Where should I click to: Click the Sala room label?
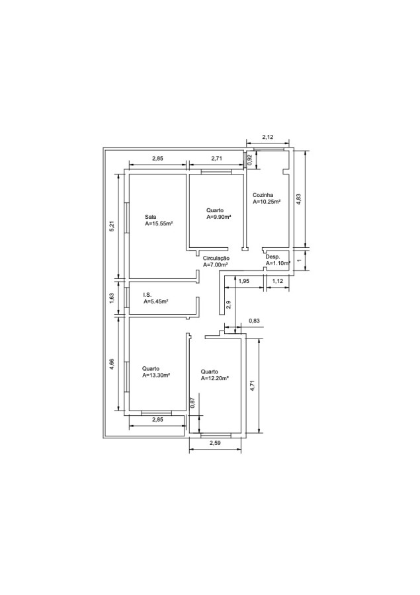[150, 217]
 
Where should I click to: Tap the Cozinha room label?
[263, 196]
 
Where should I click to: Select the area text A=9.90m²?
[219, 217]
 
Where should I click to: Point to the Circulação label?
[216, 258]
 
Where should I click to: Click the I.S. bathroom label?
[147, 295]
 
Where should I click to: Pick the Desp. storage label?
[273, 257]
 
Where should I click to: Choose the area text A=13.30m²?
[155, 376]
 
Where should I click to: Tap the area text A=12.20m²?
[214, 378]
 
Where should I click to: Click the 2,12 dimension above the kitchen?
[268, 138]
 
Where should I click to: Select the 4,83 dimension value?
[299, 200]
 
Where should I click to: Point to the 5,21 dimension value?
[112, 226]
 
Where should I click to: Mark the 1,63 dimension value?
[112, 298]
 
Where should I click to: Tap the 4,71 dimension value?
[253, 385]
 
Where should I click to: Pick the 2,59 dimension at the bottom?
[215, 442]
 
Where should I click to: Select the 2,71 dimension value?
[216, 159]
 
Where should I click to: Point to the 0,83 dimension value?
[255, 321]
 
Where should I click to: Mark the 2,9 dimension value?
[228, 304]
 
